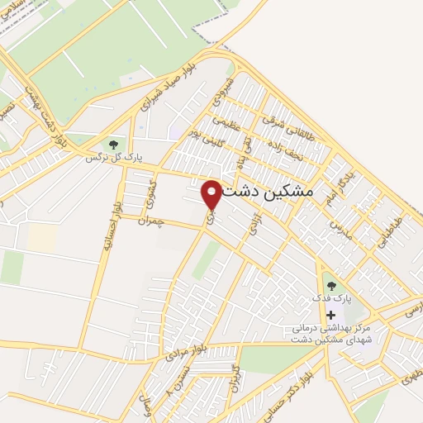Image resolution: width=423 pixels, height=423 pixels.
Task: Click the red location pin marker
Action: (212, 194)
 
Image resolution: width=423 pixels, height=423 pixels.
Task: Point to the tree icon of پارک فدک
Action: (331, 285)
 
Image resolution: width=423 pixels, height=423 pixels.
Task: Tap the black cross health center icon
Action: (331, 315)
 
